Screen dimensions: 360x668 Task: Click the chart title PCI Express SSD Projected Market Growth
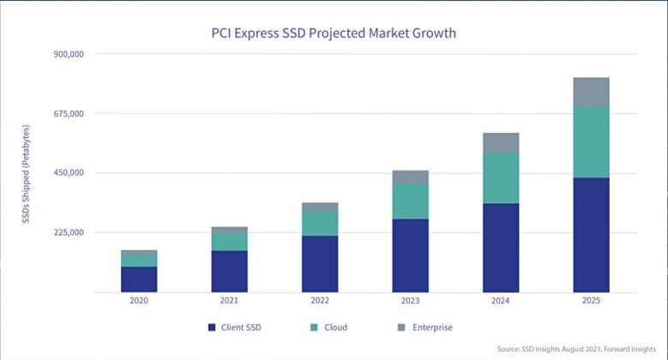point(334,33)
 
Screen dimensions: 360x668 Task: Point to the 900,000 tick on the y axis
point(69,54)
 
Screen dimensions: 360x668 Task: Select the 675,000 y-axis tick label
point(69,113)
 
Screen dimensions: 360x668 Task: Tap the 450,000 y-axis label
point(69,173)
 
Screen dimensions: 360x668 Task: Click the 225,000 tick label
point(69,232)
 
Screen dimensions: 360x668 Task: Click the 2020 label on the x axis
point(139,301)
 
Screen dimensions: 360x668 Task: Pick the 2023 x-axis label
point(410,301)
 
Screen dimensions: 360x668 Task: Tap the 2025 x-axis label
point(591,301)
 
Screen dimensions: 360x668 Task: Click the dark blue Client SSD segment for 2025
point(591,235)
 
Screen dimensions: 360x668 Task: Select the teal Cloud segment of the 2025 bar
point(591,141)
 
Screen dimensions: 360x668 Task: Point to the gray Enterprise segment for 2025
point(591,92)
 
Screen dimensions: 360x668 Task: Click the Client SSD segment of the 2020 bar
point(139,279)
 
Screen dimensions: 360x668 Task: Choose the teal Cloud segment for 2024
point(500,177)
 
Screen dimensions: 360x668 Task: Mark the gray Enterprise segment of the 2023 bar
point(410,177)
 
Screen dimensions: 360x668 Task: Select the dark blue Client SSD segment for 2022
point(320,264)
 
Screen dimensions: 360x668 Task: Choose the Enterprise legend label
point(431,327)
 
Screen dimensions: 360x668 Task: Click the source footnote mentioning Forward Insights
point(579,349)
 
